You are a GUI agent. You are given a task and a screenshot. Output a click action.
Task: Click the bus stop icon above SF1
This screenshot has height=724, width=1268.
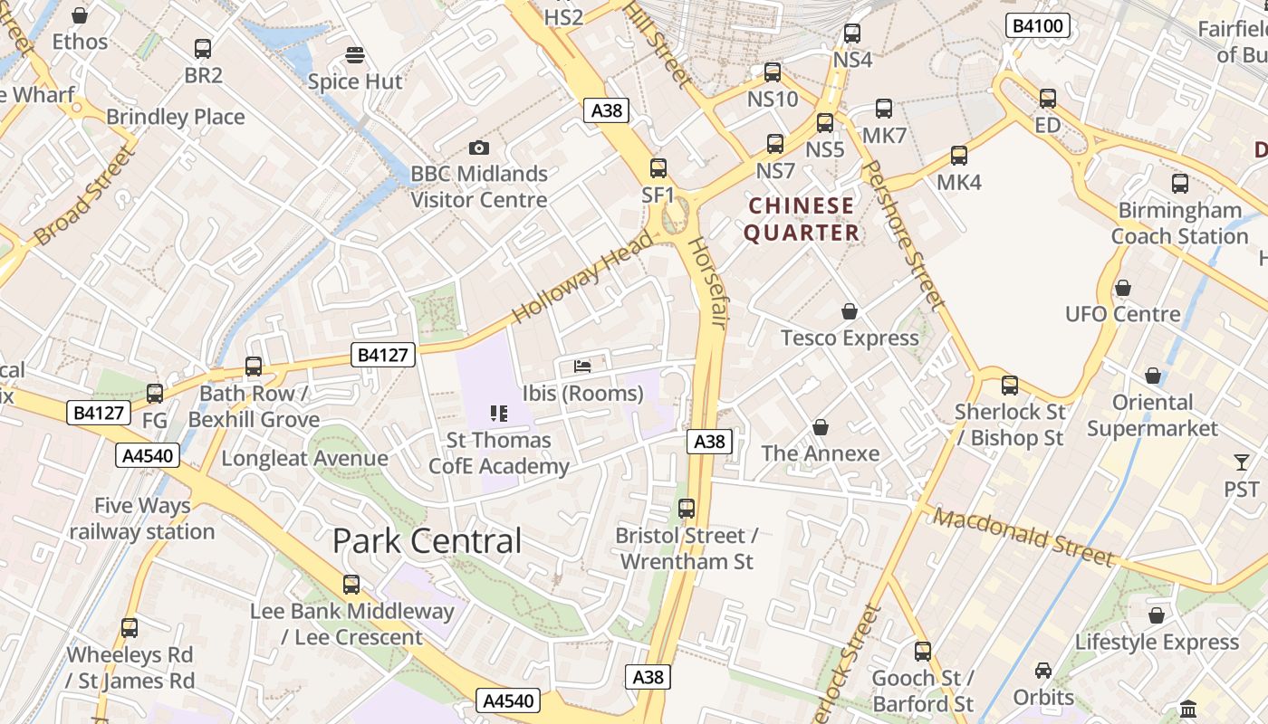point(658,167)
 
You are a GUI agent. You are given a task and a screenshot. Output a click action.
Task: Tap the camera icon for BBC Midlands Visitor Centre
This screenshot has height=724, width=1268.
point(479,148)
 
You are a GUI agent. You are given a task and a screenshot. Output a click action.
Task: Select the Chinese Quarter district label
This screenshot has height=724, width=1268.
point(802,220)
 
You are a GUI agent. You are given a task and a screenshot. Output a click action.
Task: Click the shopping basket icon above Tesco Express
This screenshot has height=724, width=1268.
point(850,311)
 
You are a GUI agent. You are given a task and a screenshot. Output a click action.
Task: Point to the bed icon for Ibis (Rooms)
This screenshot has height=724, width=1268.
point(583,367)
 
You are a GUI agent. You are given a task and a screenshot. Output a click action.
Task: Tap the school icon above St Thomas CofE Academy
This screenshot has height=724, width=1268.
point(498,414)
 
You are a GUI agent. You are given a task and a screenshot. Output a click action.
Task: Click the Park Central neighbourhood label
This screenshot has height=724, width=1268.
point(427,541)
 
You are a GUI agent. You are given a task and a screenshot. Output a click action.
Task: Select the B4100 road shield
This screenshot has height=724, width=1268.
point(1037,26)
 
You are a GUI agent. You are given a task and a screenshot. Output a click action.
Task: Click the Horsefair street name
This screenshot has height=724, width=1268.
point(707,282)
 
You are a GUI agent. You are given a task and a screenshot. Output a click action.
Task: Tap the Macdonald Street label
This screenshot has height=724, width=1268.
point(1023,537)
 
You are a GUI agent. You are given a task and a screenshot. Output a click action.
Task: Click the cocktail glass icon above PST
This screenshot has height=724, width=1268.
point(1241,462)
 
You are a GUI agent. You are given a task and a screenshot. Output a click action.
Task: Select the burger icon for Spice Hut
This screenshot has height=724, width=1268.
point(355,54)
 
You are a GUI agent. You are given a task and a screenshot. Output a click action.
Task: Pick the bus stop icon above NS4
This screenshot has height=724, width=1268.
point(852,33)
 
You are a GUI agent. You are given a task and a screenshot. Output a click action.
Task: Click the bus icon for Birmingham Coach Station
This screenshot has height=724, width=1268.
point(1180,184)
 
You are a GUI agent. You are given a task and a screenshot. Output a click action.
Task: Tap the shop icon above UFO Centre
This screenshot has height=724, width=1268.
point(1123,288)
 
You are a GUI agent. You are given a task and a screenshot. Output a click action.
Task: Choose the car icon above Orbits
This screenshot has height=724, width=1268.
point(1043,671)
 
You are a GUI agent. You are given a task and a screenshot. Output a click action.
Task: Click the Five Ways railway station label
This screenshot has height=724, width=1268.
point(142,519)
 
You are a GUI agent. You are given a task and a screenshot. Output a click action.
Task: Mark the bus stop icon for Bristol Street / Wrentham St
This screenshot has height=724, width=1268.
point(687,509)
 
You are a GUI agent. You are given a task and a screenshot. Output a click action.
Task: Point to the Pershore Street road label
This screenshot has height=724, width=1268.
point(902,237)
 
